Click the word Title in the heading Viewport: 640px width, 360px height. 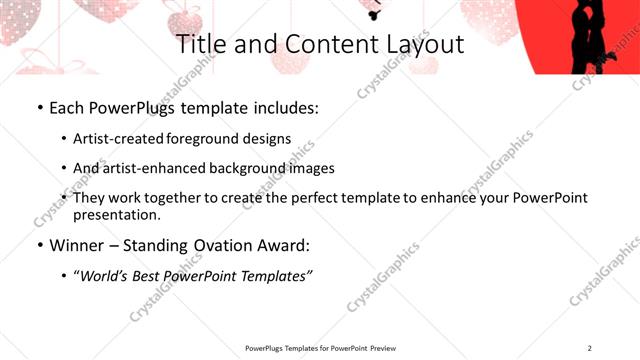tap(200, 45)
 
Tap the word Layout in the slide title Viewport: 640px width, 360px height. tap(421, 45)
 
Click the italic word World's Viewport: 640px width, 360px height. tap(105, 275)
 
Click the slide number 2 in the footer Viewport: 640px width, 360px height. tap(590, 348)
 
